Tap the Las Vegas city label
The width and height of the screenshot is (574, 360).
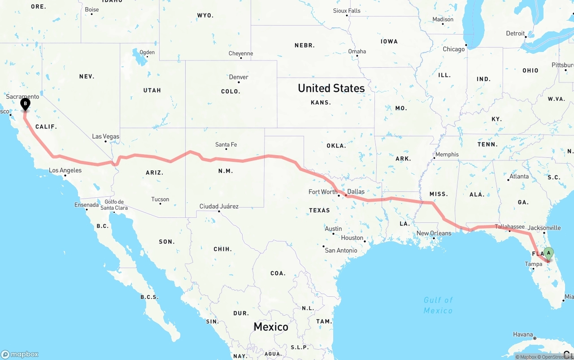[105, 136]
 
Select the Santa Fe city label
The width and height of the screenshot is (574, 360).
[226, 144]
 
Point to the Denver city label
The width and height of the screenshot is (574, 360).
[239, 77]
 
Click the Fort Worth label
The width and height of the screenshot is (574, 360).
[323, 192]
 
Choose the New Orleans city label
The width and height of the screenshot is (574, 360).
[434, 233]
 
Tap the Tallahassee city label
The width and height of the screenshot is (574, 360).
[509, 227]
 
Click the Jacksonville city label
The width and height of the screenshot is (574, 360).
[544, 228]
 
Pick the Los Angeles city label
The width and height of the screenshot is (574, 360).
[65, 170]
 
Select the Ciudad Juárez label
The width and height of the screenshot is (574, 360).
[219, 206]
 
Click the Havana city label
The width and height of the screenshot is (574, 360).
[523, 334]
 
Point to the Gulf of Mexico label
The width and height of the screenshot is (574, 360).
[438, 305]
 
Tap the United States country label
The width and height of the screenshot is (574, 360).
[331, 88]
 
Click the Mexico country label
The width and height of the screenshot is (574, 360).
[271, 327]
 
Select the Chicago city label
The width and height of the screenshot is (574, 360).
[454, 49]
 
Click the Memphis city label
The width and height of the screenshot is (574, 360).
[447, 155]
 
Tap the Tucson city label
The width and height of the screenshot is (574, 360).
[160, 200]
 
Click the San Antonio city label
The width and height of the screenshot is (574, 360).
[341, 250]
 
